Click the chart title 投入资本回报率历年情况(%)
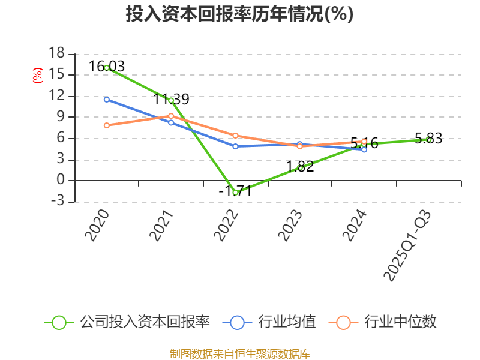click(x=240, y=14)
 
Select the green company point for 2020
click(x=107, y=68)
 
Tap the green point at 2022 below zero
click(x=236, y=193)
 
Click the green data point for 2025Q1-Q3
click(x=429, y=139)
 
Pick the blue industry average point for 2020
click(x=107, y=99)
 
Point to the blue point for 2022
click(x=236, y=146)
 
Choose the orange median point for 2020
click(x=107, y=125)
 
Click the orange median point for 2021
click(x=171, y=116)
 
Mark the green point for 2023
click(x=300, y=168)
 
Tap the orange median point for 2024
click(x=364, y=142)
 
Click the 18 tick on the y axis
click(x=56, y=54)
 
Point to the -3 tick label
click(x=56, y=202)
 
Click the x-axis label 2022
click(x=229, y=226)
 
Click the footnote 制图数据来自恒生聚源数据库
click(x=240, y=353)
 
